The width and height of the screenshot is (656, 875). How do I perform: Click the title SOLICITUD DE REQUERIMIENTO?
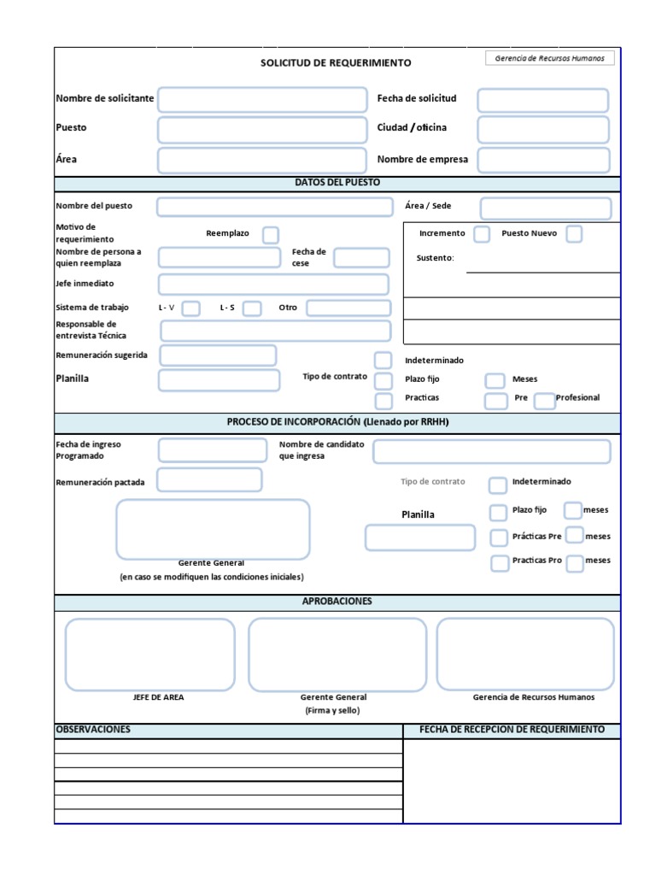tap(336, 62)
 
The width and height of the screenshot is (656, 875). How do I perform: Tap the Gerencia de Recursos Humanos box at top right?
tap(549, 58)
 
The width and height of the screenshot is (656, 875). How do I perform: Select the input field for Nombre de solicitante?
tap(262, 99)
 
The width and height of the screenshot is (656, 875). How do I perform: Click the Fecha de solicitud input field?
tap(542, 100)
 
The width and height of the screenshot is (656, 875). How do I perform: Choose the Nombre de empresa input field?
tap(543, 160)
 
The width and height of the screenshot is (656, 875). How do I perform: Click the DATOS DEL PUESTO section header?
tap(337, 183)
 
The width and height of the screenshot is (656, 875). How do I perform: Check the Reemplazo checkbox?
tap(270, 235)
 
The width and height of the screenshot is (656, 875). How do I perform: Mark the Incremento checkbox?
tap(482, 234)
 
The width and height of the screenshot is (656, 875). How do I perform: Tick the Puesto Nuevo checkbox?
tap(574, 234)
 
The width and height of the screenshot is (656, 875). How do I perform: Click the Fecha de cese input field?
tap(361, 258)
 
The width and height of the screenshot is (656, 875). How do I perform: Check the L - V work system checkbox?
tap(191, 308)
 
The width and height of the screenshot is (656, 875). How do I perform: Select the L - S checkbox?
tap(252, 308)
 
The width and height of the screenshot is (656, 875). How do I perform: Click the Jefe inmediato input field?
tap(273, 285)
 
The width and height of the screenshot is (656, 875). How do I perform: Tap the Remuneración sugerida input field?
tap(218, 355)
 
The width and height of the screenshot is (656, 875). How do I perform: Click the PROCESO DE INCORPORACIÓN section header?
tap(337, 422)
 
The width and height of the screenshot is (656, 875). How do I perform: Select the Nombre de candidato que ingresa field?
tap(492, 451)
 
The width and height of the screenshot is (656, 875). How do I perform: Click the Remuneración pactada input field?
tap(209, 480)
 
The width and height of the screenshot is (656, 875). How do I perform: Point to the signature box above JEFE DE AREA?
tap(149, 655)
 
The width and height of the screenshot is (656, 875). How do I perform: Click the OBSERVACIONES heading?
tap(93, 730)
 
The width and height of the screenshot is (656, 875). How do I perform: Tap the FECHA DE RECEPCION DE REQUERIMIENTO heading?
tap(512, 730)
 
